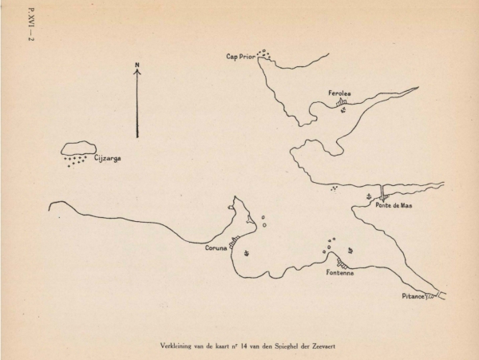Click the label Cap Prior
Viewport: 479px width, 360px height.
(240, 57)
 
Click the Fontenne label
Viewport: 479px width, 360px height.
(339, 273)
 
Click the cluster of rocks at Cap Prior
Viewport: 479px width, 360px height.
(264, 54)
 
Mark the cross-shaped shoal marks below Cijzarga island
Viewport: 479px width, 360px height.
(75, 161)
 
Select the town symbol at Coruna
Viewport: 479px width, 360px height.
(234, 239)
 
